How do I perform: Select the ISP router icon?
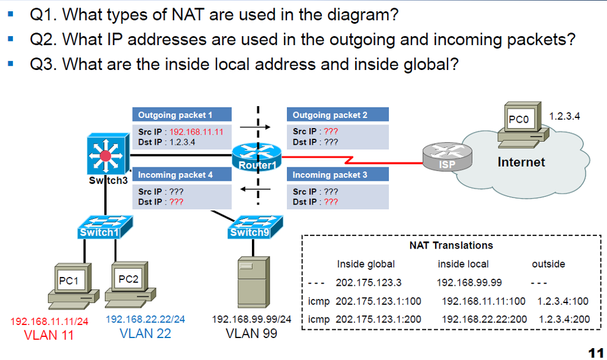(x=448, y=157)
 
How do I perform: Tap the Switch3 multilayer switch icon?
(x=106, y=155)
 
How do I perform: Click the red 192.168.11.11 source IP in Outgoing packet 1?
(x=196, y=132)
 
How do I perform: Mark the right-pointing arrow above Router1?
(x=255, y=126)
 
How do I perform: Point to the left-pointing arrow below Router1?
(x=250, y=190)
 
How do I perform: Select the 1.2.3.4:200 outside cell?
(x=564, y=319)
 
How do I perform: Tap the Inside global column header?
(x=366, y=264)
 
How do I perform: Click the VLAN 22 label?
(x=145, y=333)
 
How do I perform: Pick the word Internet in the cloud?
(x=521, y=162)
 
